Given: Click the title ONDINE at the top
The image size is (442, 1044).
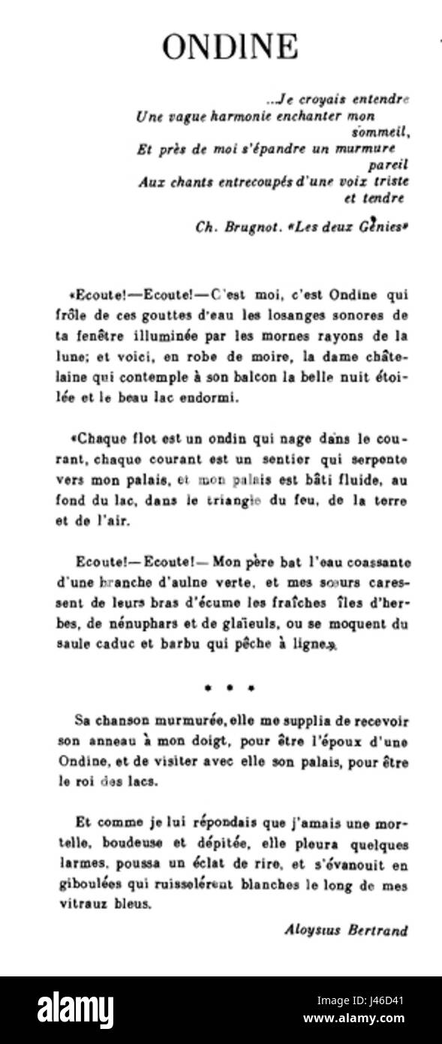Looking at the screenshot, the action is pos(230,47).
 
